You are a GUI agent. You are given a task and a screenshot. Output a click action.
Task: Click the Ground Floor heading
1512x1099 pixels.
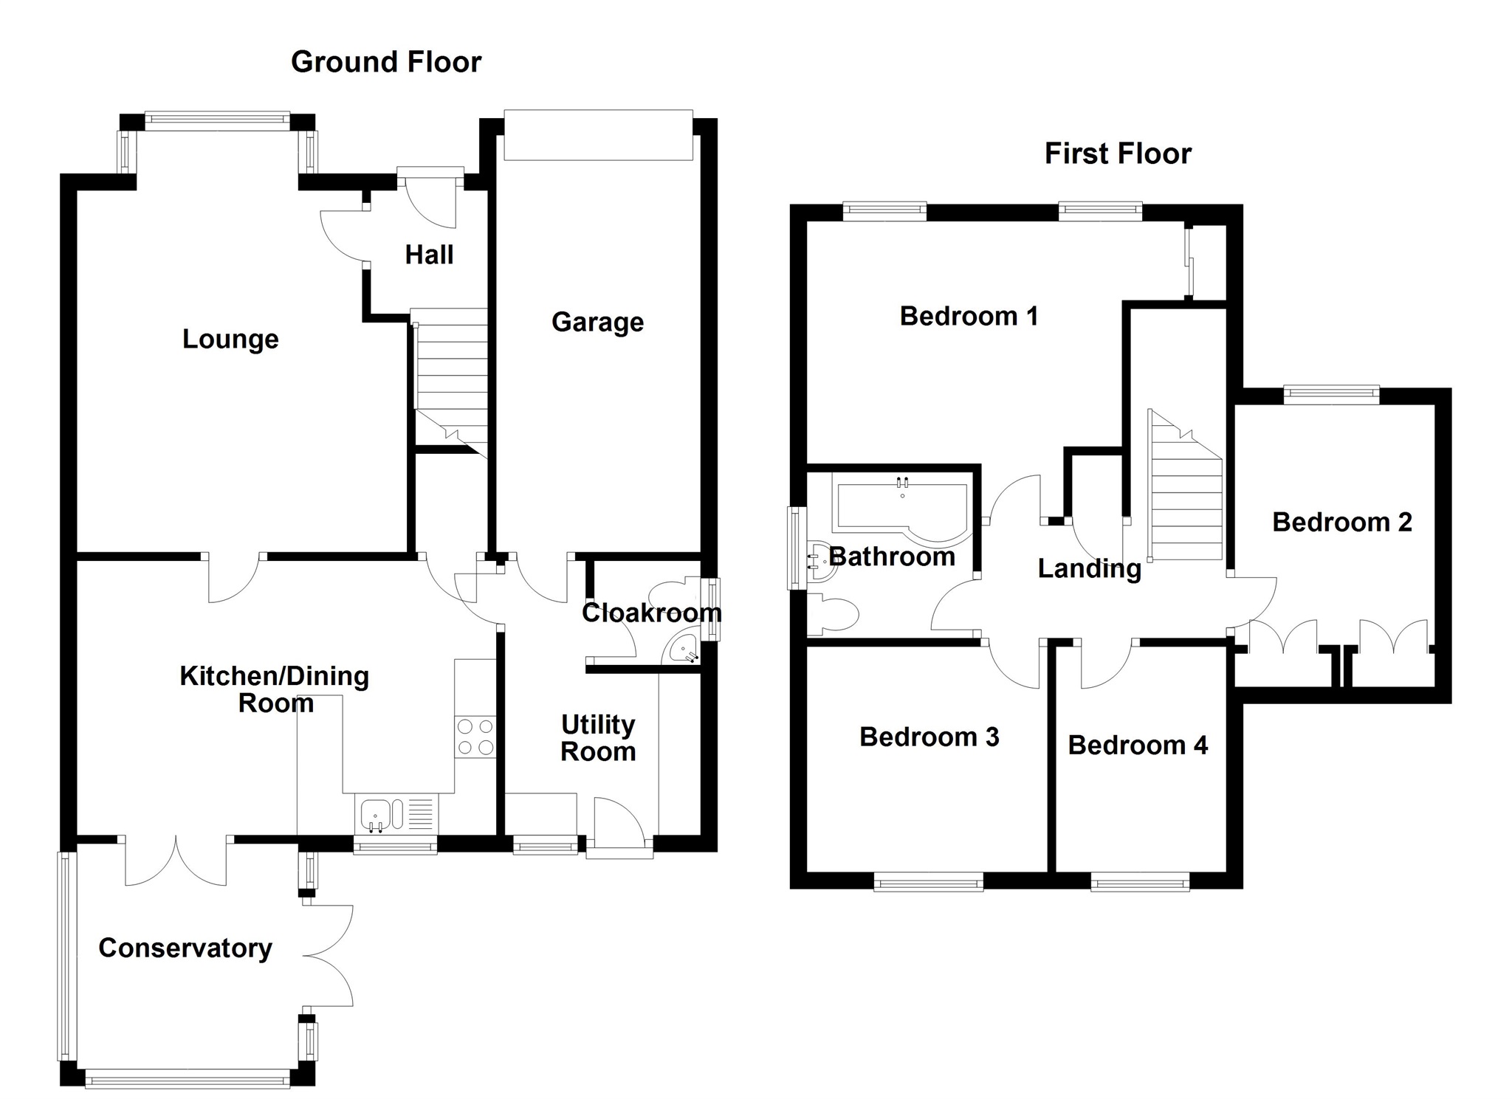pyautogui.click(x=386, y=62)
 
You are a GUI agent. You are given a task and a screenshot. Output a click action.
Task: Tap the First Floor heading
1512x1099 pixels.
pyautogui.click(x=1118, y=154)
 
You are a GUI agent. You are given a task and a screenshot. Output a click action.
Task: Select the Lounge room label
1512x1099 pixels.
pyautogui.click(x=230, y=339)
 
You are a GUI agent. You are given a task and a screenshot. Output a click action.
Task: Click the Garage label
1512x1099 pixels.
pyautogui.click(x=597, y=322)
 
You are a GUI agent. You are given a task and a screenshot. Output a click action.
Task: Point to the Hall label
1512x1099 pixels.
pyautogui.click(x=429, y=255)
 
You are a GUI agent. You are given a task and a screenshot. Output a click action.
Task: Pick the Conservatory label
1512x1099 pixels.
pyautogui.click(x=185, y=948)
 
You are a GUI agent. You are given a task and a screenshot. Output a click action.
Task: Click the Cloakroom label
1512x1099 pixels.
pyautogui.click(x=651, y=612)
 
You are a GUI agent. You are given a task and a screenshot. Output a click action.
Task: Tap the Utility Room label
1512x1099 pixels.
pyautogui.click(x=598, y=738)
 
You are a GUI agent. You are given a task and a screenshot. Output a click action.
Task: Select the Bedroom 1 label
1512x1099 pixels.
pyautogui.click(x=969, y=316)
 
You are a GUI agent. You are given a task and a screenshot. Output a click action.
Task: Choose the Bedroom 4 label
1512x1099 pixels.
pyautogui.click(x=1138, y=745)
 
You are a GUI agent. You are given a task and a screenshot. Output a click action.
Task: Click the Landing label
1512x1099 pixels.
pyautogui.click(x=1089, y=568)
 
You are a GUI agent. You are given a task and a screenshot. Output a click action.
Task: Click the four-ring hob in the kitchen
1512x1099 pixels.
pyautogui.click(x=475, y=737)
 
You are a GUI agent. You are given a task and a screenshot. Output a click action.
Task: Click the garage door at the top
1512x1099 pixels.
pyautogui.click(x=598, y=135)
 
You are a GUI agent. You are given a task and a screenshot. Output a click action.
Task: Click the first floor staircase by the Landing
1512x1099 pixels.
pyautogui.click(x=1185, y=491)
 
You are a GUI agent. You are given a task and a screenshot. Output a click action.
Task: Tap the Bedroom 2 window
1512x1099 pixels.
pyautogui.click(x=1331, y=394)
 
